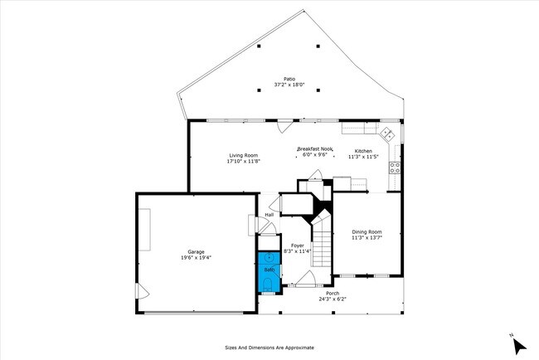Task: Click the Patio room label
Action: tap(289, 79)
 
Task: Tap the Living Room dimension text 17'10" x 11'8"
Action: tap(243, 161)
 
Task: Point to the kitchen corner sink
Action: tap(386, 133)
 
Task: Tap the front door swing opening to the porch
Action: tap(304, 280)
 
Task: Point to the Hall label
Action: tap(269, 215)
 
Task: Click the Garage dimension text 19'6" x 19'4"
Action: tap(196, 257)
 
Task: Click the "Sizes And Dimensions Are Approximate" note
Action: tap(269, 348)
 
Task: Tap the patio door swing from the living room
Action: tap(284, 127)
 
